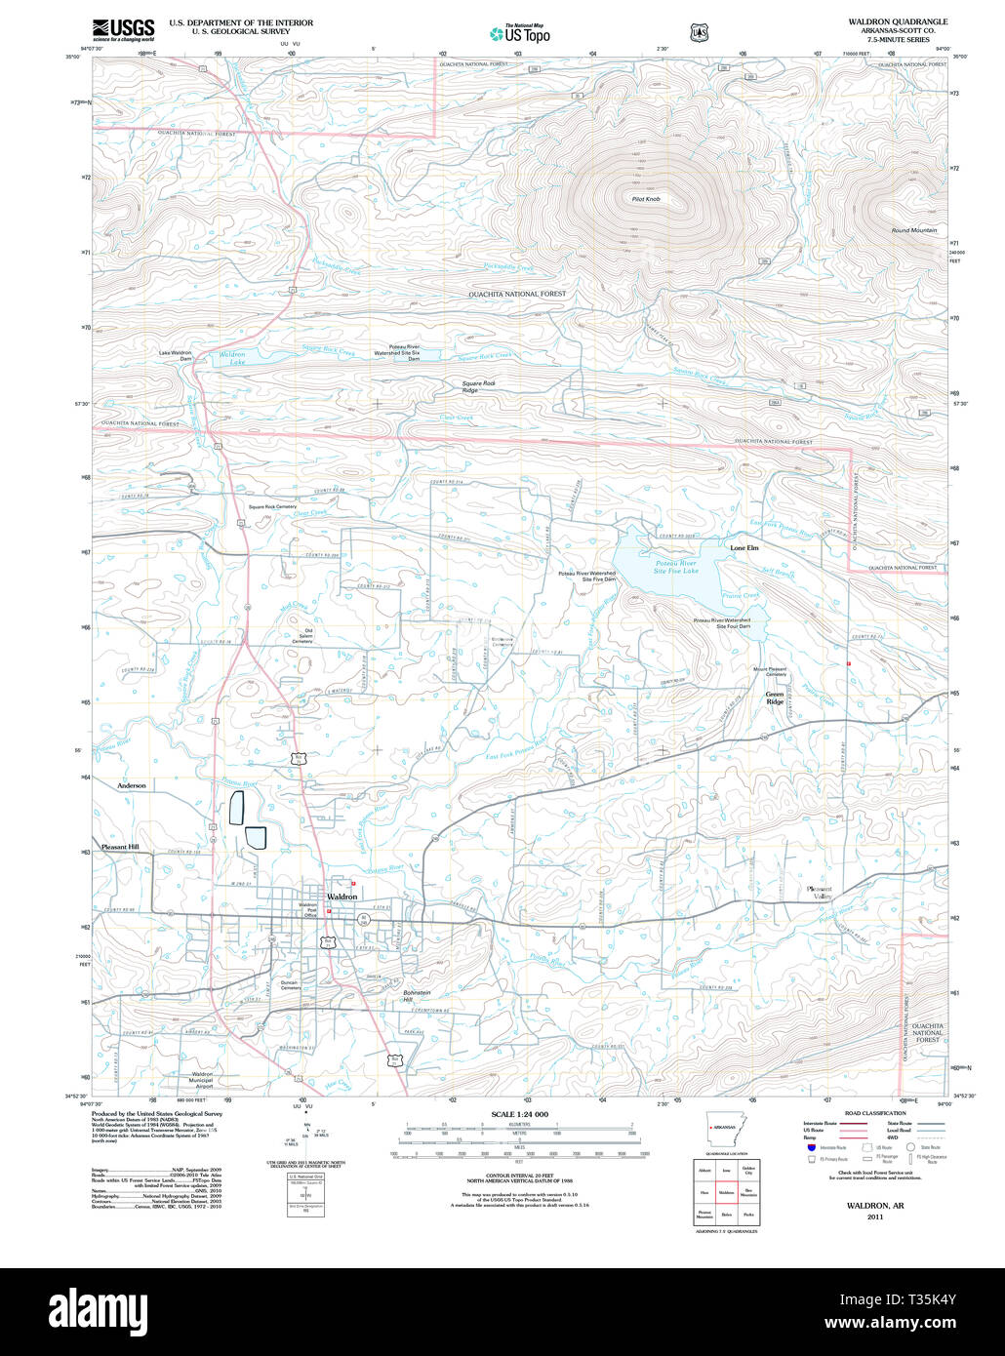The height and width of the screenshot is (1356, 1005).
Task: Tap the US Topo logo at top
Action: click(520, 34)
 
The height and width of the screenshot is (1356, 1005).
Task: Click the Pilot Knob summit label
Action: click(646, 199)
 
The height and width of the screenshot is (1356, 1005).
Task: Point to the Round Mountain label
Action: click(913, 230)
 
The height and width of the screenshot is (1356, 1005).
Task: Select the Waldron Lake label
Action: click(232, 358)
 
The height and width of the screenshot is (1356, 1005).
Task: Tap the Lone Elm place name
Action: click(744, 548)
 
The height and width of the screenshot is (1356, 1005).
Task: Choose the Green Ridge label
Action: click(775, 698)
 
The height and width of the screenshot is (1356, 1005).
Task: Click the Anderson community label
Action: click(132, 785)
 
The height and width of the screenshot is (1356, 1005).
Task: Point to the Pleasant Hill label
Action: click(121, 847)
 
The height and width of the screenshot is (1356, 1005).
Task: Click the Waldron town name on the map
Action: click(342, 896)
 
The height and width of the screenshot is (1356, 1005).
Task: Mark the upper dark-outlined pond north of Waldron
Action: click(235, 809)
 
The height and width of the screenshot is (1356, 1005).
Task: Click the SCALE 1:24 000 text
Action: click(519, 1114)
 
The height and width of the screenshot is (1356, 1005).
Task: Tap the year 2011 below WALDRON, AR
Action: click(876, 1216)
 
